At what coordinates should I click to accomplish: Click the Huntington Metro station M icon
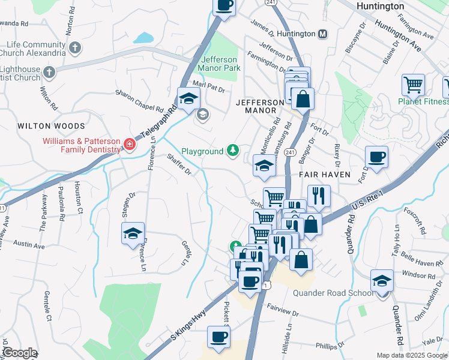[323, 34]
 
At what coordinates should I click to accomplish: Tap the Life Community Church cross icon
[75, 47]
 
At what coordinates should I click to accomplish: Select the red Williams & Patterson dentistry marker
[129, 144]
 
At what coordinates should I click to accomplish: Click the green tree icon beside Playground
[232, 151]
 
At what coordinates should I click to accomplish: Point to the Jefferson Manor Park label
[220, 64]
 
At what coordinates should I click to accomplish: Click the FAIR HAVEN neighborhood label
[321, 173]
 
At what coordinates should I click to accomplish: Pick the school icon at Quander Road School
[381, 280]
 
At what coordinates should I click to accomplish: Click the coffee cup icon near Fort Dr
[376, 157]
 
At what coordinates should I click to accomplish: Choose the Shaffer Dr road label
[179, 164]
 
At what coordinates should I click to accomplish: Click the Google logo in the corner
[20, 353]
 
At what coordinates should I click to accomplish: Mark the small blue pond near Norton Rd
[143, 38]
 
